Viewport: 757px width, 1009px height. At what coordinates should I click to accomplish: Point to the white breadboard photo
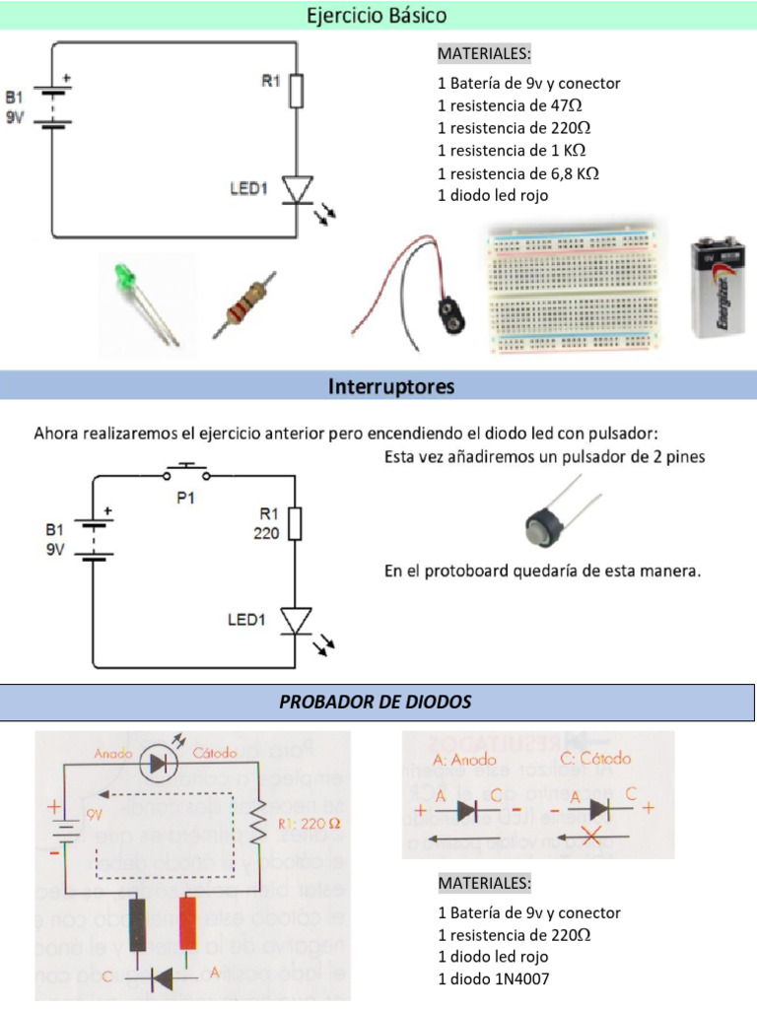[x=574, y=287]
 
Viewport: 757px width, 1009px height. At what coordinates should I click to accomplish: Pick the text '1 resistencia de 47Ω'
[x=514, y=105]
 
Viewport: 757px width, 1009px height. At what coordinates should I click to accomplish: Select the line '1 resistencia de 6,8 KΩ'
[x=518, y=173]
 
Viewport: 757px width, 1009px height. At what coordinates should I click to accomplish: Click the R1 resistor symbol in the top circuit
[x=297, y=92]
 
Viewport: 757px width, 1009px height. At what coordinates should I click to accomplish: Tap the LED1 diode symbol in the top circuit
[x=297, y=189]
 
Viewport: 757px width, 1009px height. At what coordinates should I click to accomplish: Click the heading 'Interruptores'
[x=391, y=386]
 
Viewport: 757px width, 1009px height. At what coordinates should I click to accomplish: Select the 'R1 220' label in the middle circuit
[x=269, y=523]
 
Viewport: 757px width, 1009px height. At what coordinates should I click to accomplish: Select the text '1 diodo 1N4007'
[x=494, y=978]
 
